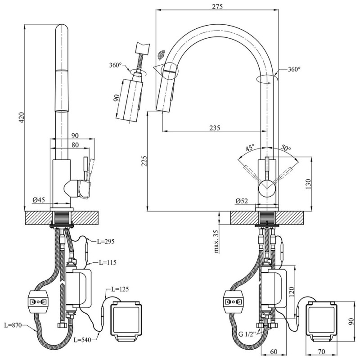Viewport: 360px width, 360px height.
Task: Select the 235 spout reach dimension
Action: pos(214,128)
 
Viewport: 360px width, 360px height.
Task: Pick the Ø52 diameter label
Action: pos(242,201)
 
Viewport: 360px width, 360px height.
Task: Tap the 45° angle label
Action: pos(250,148)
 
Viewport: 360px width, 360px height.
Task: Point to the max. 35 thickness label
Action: pos(216,242)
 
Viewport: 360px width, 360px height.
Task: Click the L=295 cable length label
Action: pos(106,241)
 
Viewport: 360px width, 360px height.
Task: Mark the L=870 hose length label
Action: pos(13,324)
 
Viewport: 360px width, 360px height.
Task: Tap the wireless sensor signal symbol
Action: pos(161,55)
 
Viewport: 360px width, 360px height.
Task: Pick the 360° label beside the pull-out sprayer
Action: pos(116,65)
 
